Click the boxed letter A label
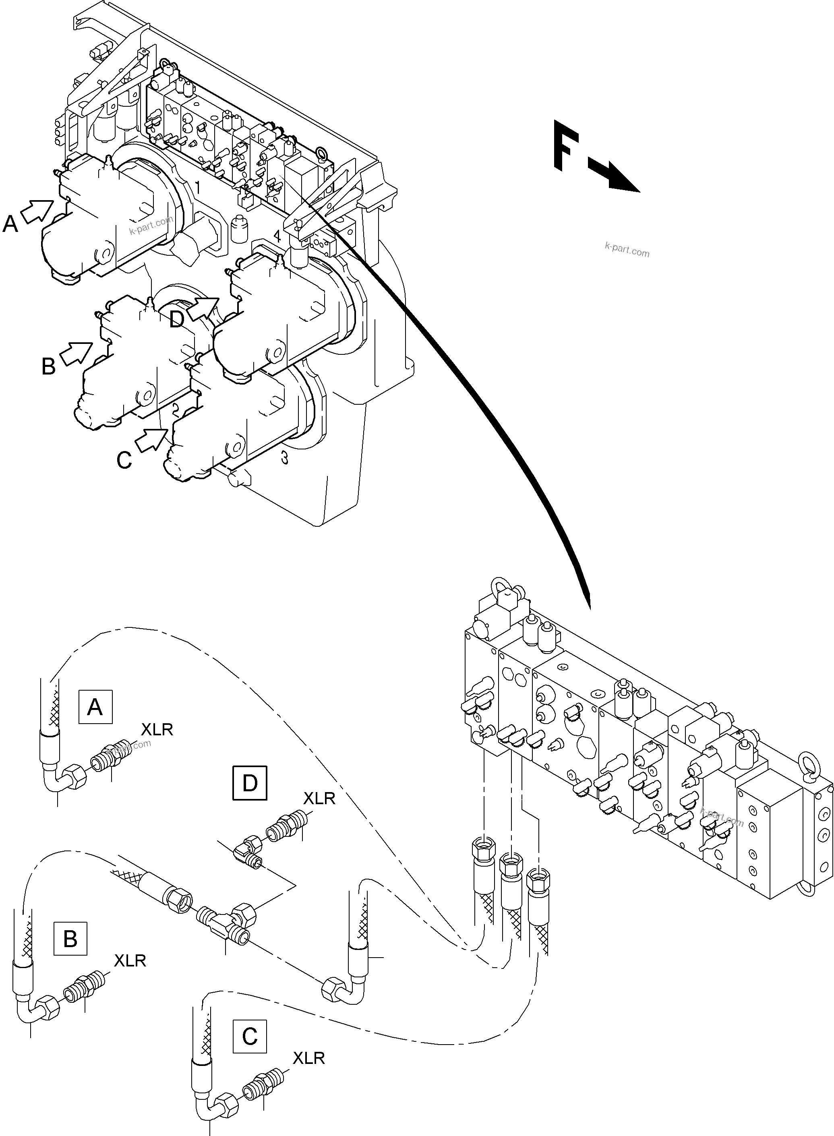click(x=95, y=707)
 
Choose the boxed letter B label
click(x=70, y=939)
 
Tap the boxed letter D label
click(x=249, y=783)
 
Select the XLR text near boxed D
click(x=319, y=798)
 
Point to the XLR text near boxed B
click(x=130, y=961)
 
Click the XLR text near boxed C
click(x=308, y=1058)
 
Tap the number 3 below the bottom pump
click(x=285, y=458)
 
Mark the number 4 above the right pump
click(x=277, y=235)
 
